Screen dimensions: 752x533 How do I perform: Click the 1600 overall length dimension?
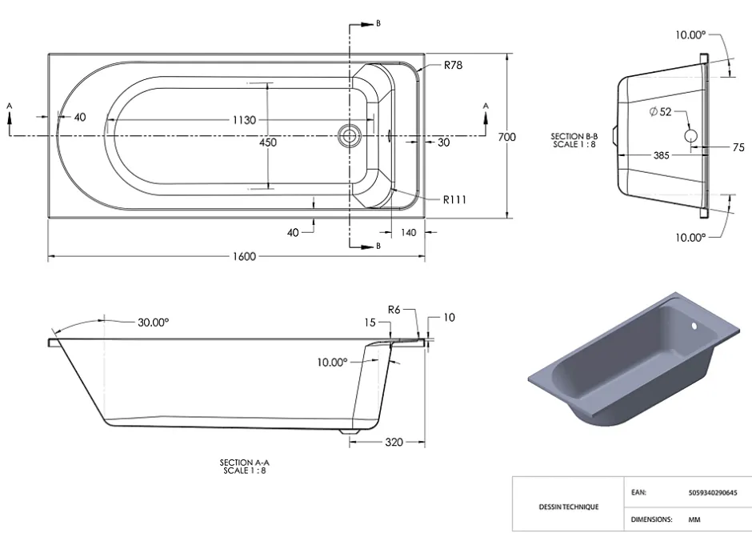pyautogui.click(x=244, y=256)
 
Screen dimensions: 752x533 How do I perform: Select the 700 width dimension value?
pyautogui.click(x=506, y=137)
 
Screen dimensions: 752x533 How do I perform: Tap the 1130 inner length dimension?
pyautogui.click(x=244, y=120)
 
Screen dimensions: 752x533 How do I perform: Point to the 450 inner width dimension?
pyautogui.click(x=268, y=142)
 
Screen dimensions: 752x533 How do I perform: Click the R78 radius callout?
pyautogui.click(x=454, y=66)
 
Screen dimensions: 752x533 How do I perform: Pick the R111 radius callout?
pyautogui.click(x=454, y=199)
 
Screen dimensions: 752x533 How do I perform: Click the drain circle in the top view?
pyautogui.click(x=349, y=135)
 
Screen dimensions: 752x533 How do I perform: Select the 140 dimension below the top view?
pyautogui.click(x=408, y=233)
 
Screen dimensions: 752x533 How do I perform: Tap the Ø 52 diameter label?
pyautogui.click(x=660, y=112)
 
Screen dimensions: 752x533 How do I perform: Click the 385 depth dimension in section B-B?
pyautogui.click(x=661, y=155)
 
